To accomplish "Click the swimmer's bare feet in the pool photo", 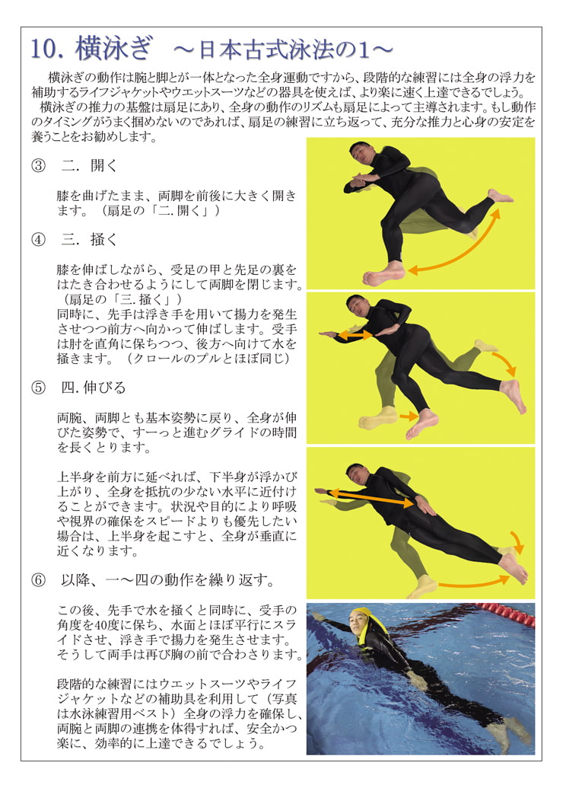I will [x=506, y=731].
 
